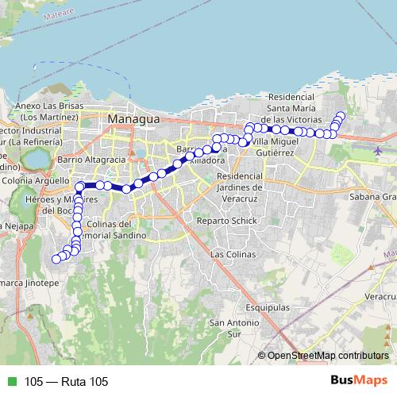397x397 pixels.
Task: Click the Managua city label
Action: pyautogui.click(x=133, y=118)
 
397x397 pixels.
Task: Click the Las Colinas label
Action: pyautogui.click(x=233, y=254)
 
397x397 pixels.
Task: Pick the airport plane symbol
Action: pyautogui.click(x=377, y=149)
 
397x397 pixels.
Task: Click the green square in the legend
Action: pyautogui.click(x=10, y=382)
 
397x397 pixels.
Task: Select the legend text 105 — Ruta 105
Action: pyautogui.click(x=66, y=382)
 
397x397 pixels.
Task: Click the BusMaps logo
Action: pyautogui.click(x=360, y=380)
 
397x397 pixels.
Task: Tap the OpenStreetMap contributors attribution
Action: pyautogui.click(x=327, y=355)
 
